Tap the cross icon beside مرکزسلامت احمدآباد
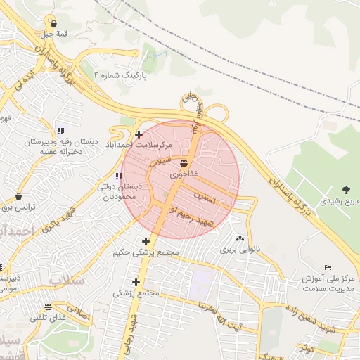click(x=139, y=134)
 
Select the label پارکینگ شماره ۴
click(x=120, y=74)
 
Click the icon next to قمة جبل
click(x=54, y=23)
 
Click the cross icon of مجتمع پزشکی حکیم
click(x=146, y=242)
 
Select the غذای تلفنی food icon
click(x=48, y=307)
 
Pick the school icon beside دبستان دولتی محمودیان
click(x=118, y=176)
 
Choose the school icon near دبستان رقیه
click(x=60, y=131)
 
